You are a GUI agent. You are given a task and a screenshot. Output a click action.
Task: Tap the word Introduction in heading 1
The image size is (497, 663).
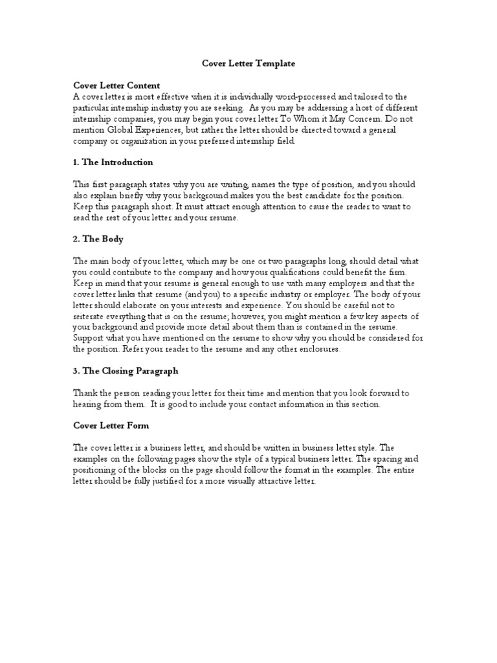126,162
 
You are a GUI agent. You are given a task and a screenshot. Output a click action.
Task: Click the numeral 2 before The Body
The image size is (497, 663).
76,239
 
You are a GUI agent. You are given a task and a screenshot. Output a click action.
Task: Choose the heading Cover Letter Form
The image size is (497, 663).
111,425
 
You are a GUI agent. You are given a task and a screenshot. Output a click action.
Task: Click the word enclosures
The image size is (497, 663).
315,349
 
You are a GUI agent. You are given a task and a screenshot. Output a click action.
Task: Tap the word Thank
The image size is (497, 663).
85,393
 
